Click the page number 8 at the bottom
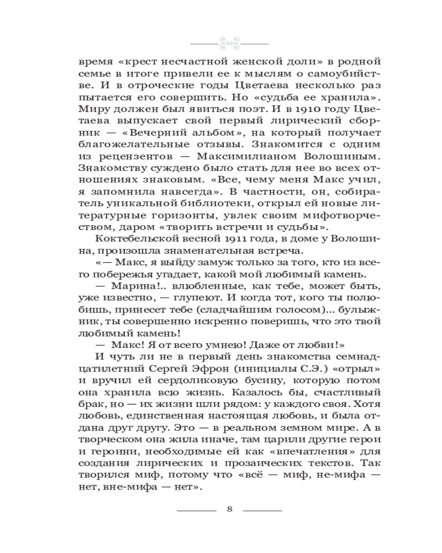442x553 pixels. tap(229, 509)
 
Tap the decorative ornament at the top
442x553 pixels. tap(229, 42)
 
